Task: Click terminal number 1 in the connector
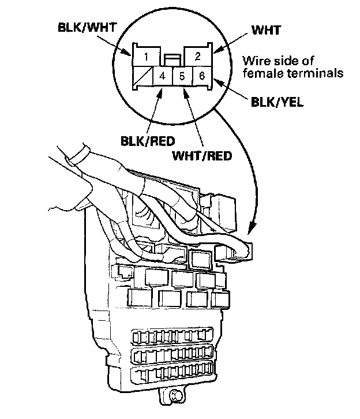point(148,57)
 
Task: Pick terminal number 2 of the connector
point(197,57)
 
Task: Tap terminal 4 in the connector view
point(163,76)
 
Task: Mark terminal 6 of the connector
point(201,76)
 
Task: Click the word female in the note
point(258,73)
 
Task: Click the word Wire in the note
point(254,61)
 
